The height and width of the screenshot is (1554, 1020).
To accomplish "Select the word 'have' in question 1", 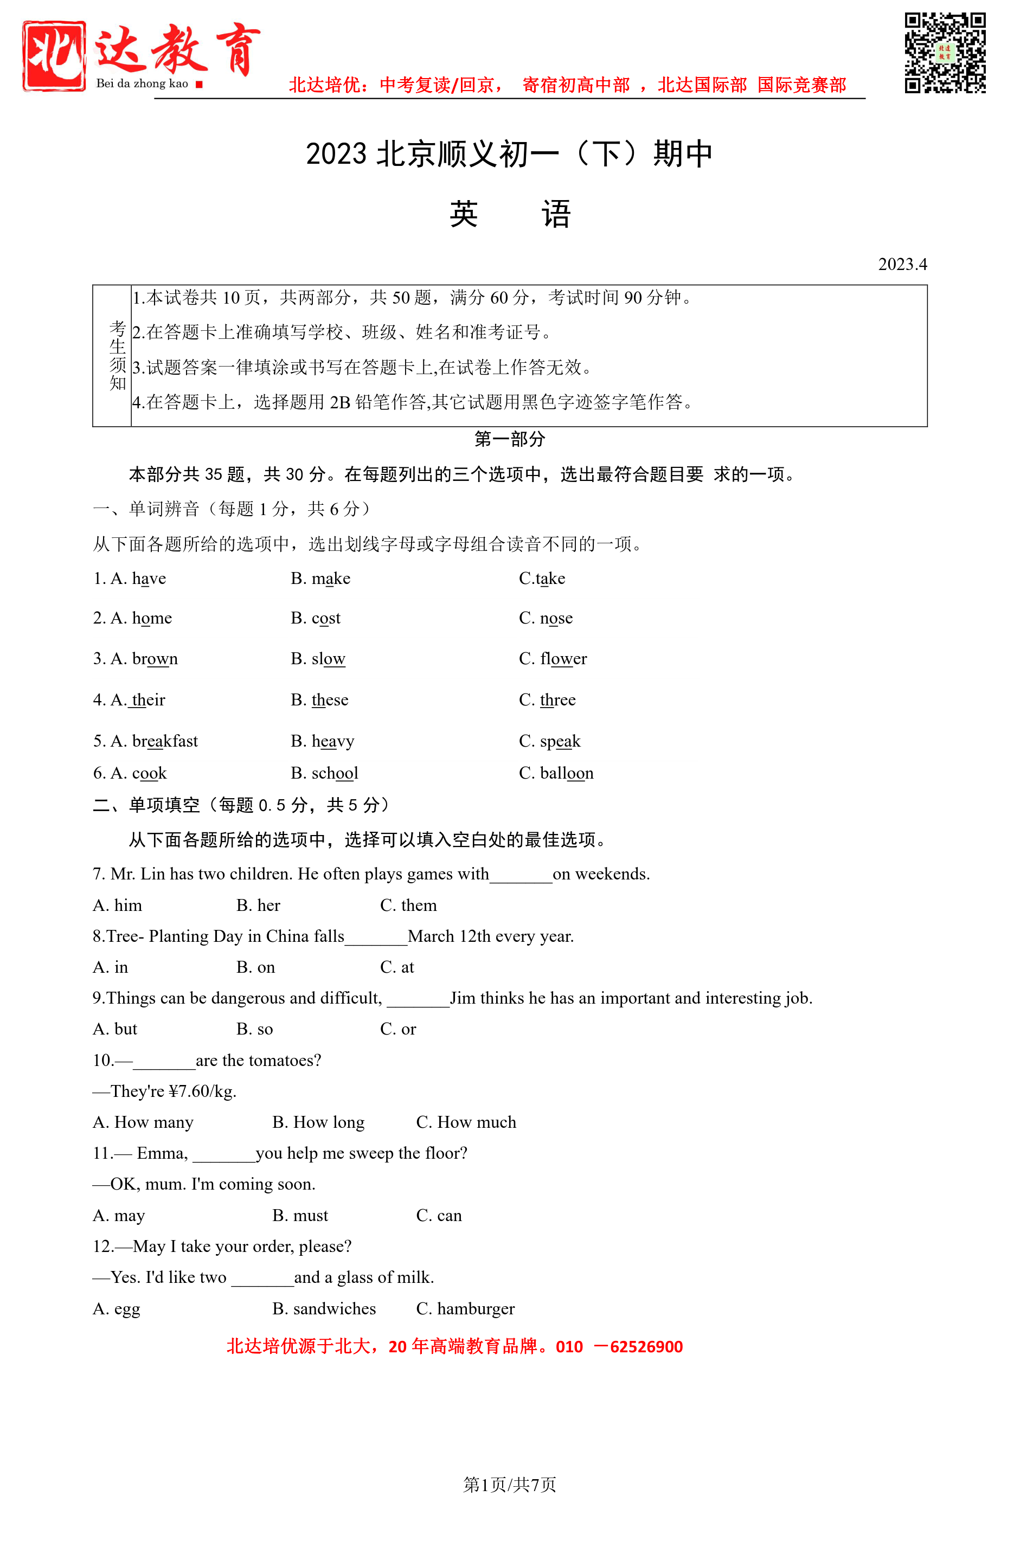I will click(x=149, y=579).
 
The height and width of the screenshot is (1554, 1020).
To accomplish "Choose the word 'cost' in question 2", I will click(x=326, y=618).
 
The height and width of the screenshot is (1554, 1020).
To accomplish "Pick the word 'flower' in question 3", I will click(x=563, y=658).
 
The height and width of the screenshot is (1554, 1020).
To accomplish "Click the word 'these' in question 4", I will click(x=330, y=699).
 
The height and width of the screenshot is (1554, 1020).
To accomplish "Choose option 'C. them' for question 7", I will click(x=408, y=905).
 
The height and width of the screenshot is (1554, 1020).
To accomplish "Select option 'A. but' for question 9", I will click(x=115, y=1029).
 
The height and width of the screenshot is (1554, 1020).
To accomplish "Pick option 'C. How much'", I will click(x=466, y=1122).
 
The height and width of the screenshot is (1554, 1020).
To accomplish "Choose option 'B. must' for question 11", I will click(x=300, y=1215).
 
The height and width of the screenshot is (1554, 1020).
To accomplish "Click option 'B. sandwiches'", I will click(x=324, y=1308).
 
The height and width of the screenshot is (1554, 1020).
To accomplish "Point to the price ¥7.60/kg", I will click(x=202, y=1091).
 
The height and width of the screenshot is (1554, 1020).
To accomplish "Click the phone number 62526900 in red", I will click(x=646, y=1346).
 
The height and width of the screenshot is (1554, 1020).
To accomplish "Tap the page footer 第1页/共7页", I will click(x=509, y=1484).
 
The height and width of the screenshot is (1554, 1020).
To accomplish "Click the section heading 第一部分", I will click(x=509, y=439).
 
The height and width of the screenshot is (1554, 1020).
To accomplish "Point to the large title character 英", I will click(x=464, y=214).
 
